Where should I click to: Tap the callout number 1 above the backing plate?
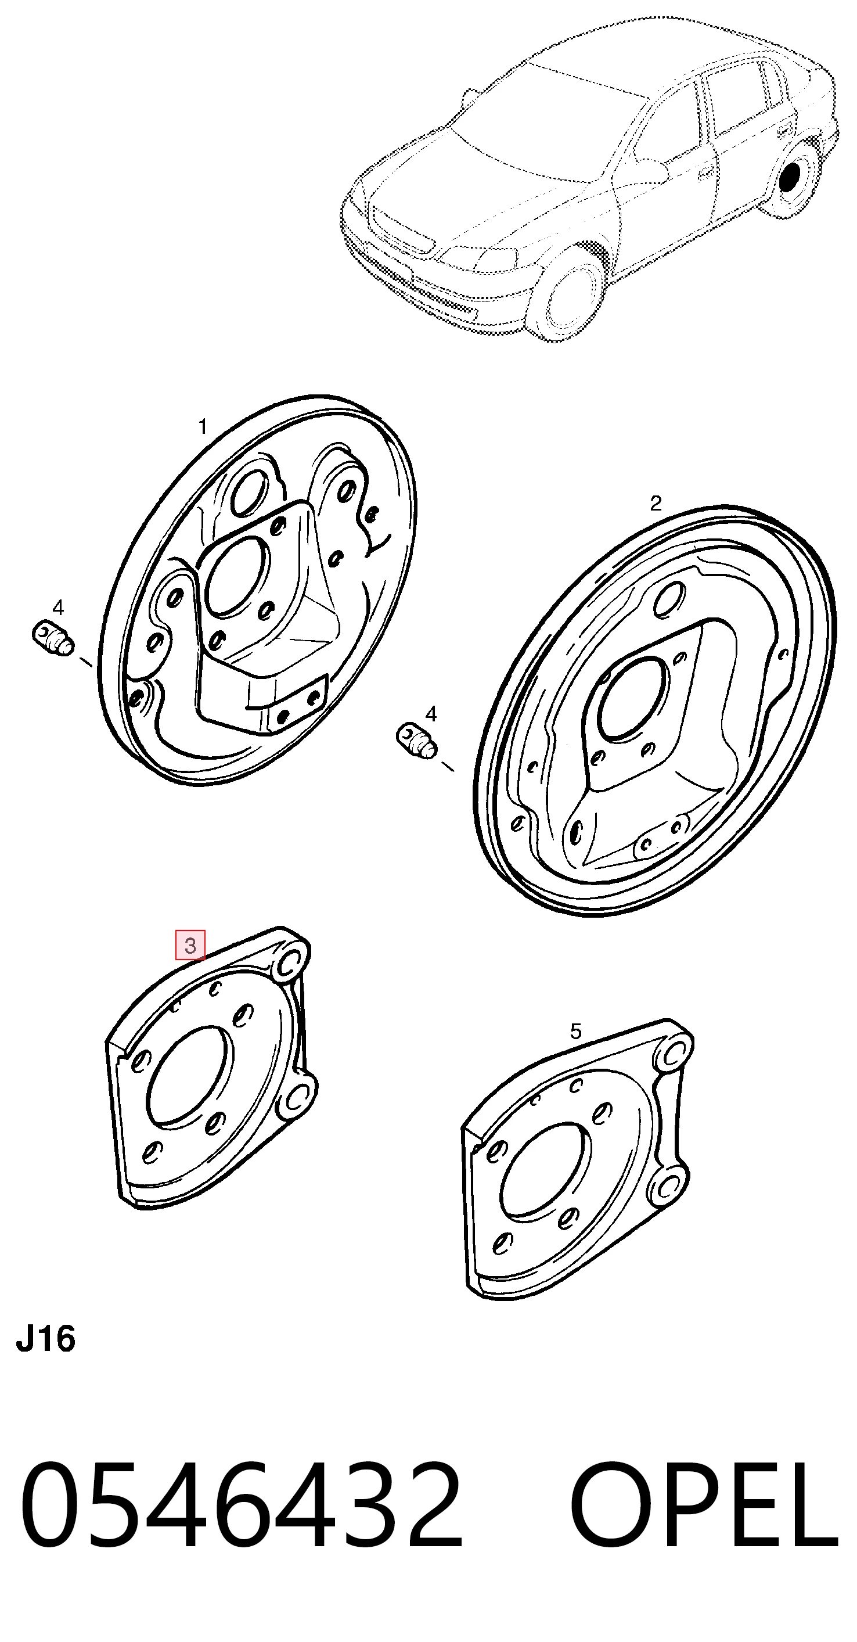point(203,426)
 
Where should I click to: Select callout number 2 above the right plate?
point(656,504)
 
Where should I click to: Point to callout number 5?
point(575,1032)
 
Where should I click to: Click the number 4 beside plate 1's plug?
point(58,608)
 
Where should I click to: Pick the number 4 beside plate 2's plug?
point(431,714)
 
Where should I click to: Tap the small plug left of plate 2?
point(417,741)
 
